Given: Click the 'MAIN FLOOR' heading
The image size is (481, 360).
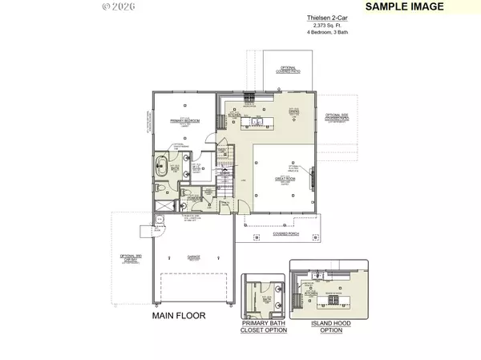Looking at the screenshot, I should click(179, 316).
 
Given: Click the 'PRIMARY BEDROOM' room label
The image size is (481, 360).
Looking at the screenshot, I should click(184, 120).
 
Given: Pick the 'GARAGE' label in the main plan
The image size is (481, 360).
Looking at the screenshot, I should click(193, 257).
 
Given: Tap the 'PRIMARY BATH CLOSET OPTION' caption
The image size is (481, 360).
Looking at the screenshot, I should click(264, 330).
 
